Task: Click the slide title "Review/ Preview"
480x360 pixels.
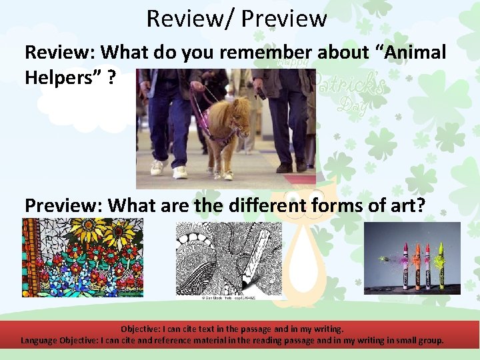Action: click(x=237, y=18)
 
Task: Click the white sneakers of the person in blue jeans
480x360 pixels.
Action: click(x=167, y=171)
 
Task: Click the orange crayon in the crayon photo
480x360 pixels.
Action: click(x=417, y=267)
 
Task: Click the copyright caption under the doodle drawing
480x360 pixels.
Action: click(x=229, y=298)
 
